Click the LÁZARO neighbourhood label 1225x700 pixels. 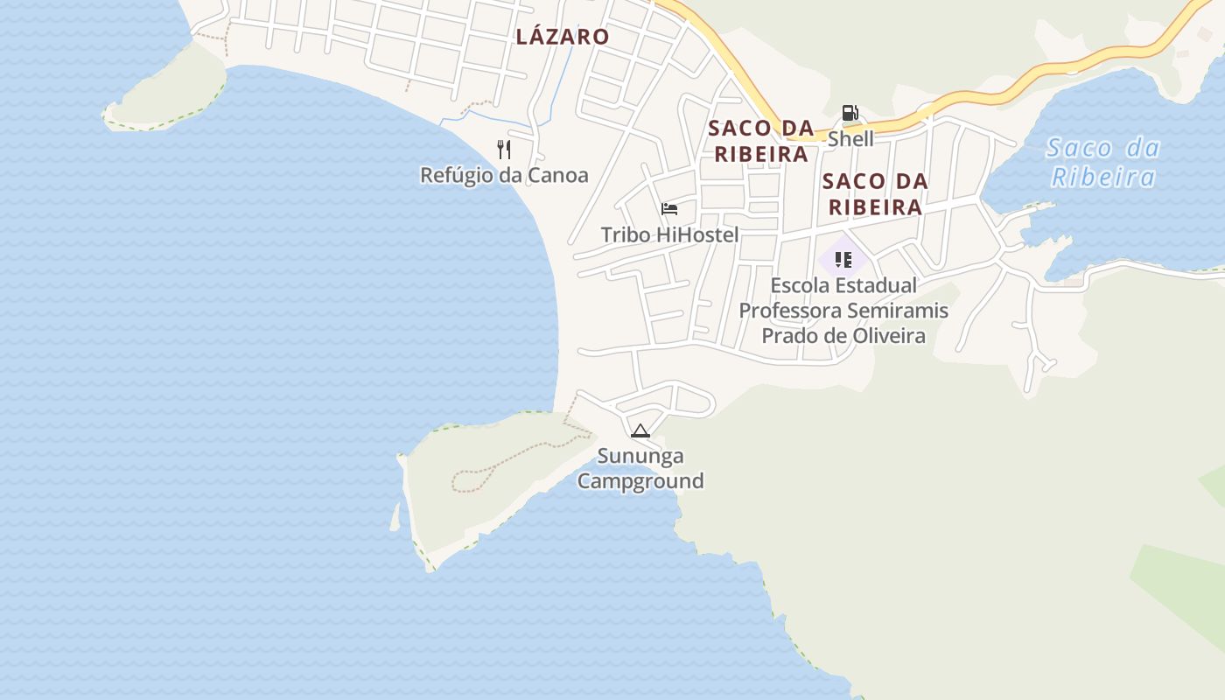click(562, 37)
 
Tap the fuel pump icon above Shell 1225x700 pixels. click(850, 113)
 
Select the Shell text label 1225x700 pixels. click(850, 139)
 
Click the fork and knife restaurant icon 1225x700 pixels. click(504, 150)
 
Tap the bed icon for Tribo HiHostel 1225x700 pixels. click(669, 209)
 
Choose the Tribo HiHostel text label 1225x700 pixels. click(669, 234)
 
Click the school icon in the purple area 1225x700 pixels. click(843, 259)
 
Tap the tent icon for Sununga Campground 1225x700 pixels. click(640, 430)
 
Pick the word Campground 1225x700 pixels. click(640, 481)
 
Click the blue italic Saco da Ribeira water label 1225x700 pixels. click(1102, 163)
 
